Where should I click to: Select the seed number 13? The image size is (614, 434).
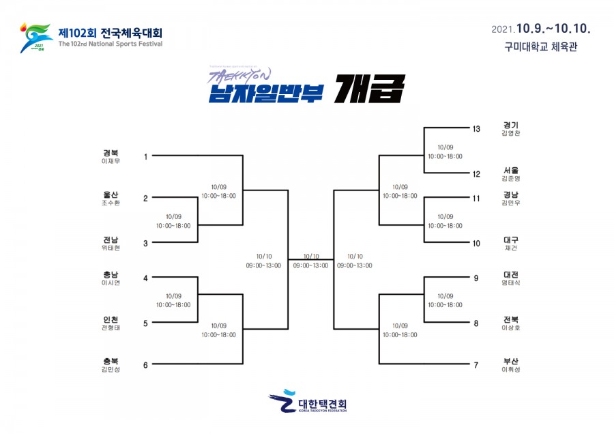[x=476, y=128]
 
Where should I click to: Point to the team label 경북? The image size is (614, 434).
[x=111, y=153]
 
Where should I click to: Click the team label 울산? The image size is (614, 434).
[x=111, y=194]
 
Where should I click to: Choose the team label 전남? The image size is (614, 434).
[x=111, y=240]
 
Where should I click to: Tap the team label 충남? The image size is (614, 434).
[x=111, y=274]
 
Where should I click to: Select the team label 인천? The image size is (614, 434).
[x=111, y=319]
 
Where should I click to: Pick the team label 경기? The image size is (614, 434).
[x=510, y=125]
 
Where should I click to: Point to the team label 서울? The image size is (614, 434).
[x=510, y=170]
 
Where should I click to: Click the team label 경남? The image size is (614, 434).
[x=510, y=194]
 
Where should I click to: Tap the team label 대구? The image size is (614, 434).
[x=510, y=240]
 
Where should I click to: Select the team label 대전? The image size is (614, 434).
[x=510, y=274]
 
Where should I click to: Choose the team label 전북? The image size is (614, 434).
[x=510, y=319]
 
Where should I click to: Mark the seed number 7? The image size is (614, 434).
[x=476, y=365]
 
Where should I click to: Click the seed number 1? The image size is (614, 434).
[x=145, y=157]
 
